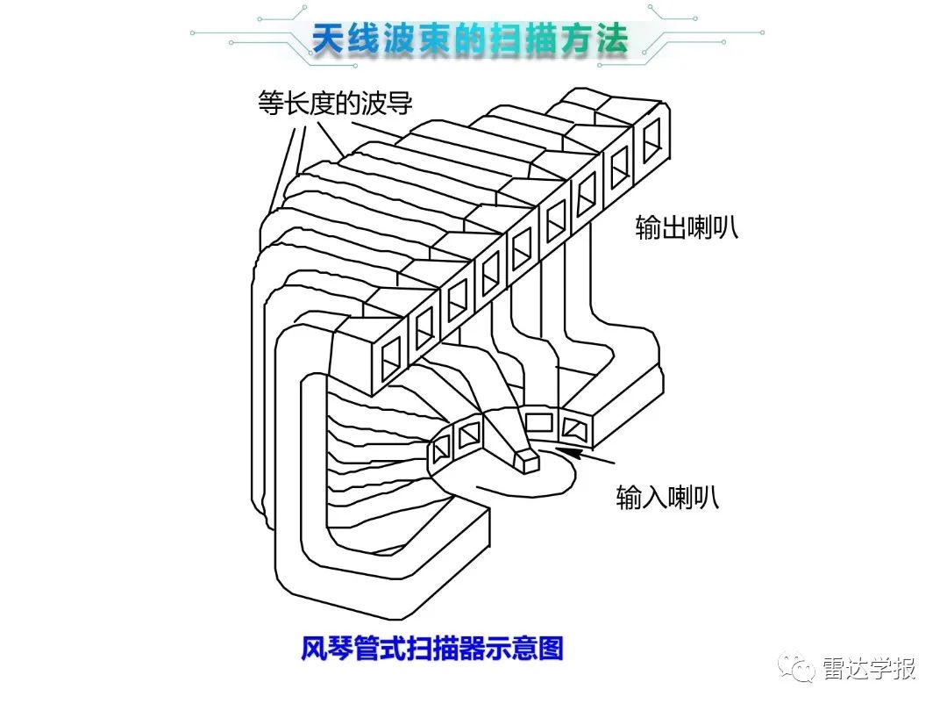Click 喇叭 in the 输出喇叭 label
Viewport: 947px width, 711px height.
tap(711, 227)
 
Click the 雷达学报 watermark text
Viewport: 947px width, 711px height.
tap(869, 669)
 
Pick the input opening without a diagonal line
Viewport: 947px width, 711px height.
tap(538, 422)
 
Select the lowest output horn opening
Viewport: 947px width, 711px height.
tap(388, 353)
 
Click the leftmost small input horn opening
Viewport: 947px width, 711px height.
tap(439, 451)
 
